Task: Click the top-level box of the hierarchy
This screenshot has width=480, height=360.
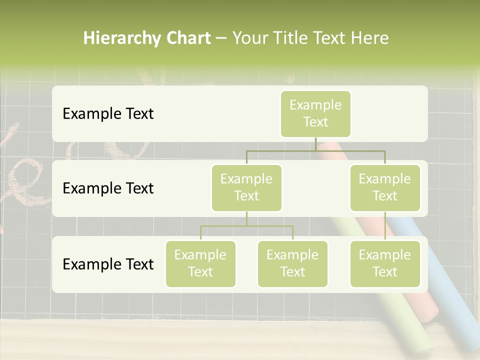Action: pyautogui.click(x=315, y=114)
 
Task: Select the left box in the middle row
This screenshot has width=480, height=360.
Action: pyautogui.click(x=246, y=188)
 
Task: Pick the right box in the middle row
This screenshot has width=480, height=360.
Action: pyautogui.click(x=385, y=188)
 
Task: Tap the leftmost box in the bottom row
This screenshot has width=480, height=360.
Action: pyautogui.click(x=200, y=264)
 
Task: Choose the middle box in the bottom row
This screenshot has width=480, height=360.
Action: pyautogui.click(x=292, y=264)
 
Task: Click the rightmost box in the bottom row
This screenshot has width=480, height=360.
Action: pyautogui.click(x=385, y=264)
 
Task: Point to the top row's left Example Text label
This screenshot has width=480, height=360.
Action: pyautogui.click(x=108, y=114)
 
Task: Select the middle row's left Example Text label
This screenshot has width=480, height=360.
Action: pyautogui.click(x=108, y=188)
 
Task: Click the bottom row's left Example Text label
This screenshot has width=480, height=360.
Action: pyautogui.click(x=108, y=264)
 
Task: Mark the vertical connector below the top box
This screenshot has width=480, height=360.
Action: pyautogui.click(x=315, y=144)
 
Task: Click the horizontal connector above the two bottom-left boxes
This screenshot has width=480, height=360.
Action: pyautogui.click(x=246, y=226)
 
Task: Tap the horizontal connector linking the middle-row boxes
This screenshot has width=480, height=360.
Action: pyautogui.click(x=315, y=150)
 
